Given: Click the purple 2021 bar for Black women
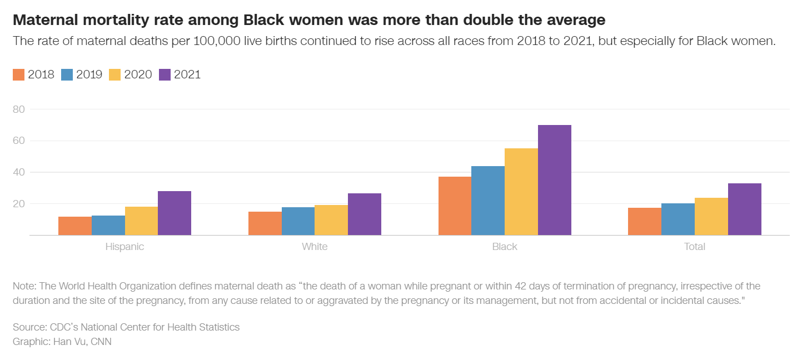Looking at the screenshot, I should (554, 180).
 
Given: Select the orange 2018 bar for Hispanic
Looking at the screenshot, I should (75, 226).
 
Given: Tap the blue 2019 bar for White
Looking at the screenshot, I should (298, 221).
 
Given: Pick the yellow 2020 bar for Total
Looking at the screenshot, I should (711, 217).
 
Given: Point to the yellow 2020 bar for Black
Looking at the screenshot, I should (521, 192).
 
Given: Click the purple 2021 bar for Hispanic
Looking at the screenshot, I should (175, 213).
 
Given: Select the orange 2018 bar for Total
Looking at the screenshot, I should (644, 222).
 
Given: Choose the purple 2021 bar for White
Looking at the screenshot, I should (365, 214).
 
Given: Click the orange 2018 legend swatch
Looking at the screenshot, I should (19, 75).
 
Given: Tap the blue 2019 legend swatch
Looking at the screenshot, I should (67, 75).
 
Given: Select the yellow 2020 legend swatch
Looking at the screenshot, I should (116, 75).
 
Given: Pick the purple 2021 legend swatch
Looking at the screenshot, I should (165, 75).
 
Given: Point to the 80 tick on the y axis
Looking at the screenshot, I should (19, 109).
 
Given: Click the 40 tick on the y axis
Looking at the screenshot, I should (19, 172).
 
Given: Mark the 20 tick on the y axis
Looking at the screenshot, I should (19, 204).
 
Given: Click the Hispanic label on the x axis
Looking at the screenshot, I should (124, 247).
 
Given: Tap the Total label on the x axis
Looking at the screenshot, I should (694, 247).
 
